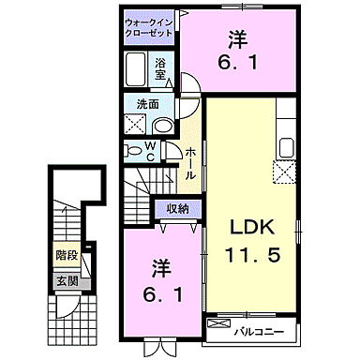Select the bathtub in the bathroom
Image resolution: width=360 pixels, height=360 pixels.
point(136,71)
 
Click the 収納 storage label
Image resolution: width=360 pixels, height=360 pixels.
point(179,209)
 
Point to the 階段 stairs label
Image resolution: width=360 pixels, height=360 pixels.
point(67,254)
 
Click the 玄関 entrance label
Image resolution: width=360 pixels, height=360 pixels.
point(67,279)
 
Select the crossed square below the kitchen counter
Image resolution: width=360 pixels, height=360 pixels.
point(285,172)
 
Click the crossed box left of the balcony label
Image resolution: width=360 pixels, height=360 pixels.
point(218,329)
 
